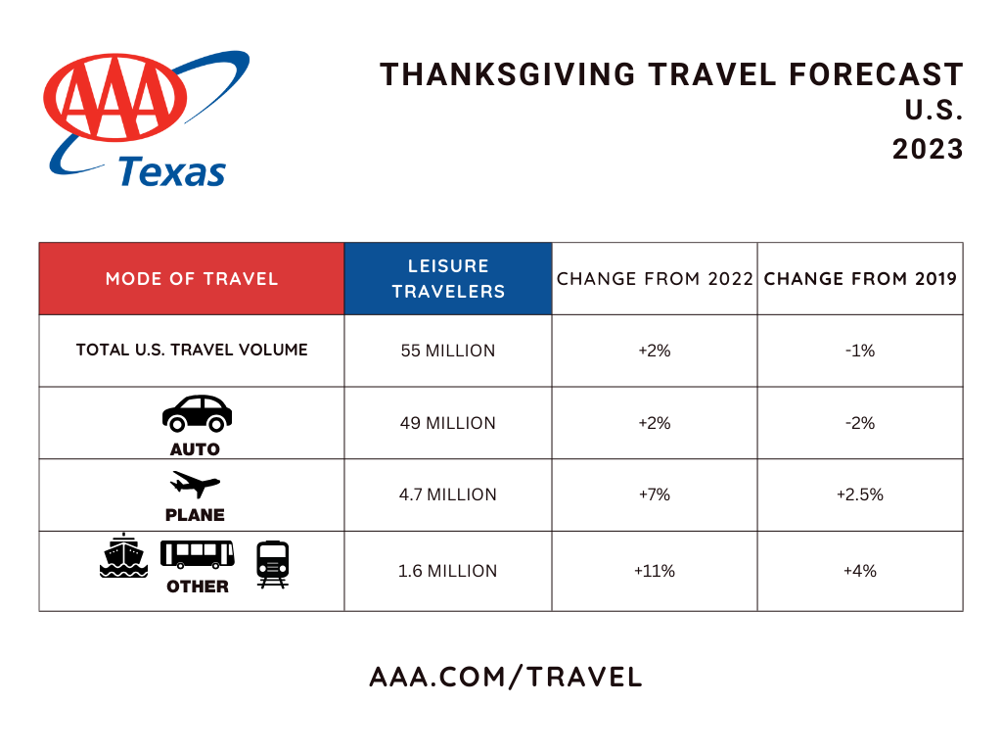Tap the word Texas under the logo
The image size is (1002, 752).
pos(172,171)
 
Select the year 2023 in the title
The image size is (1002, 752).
pos(928,149)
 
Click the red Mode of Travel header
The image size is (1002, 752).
pos(192,279)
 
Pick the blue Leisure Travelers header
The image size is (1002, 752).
pos(448,279)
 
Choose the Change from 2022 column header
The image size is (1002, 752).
pos(655,279)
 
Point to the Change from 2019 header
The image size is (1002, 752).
pos(860,279)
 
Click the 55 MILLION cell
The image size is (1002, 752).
pos(448,351)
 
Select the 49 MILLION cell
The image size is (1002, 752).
pos(448,423)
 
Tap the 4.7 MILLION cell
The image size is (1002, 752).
pos(448,494)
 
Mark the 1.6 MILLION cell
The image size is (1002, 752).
pos(448,571)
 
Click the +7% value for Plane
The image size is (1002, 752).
pos(655,494)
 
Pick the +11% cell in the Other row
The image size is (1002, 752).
pos(655,571)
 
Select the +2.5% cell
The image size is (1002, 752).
pos(860,494)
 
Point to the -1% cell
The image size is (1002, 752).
pos(860,351)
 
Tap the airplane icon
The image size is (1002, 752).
pos(195,484)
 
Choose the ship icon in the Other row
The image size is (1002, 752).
pos(123,556)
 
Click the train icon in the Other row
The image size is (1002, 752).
pos(273,563)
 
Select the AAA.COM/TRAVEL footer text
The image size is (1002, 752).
pos(506,677)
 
